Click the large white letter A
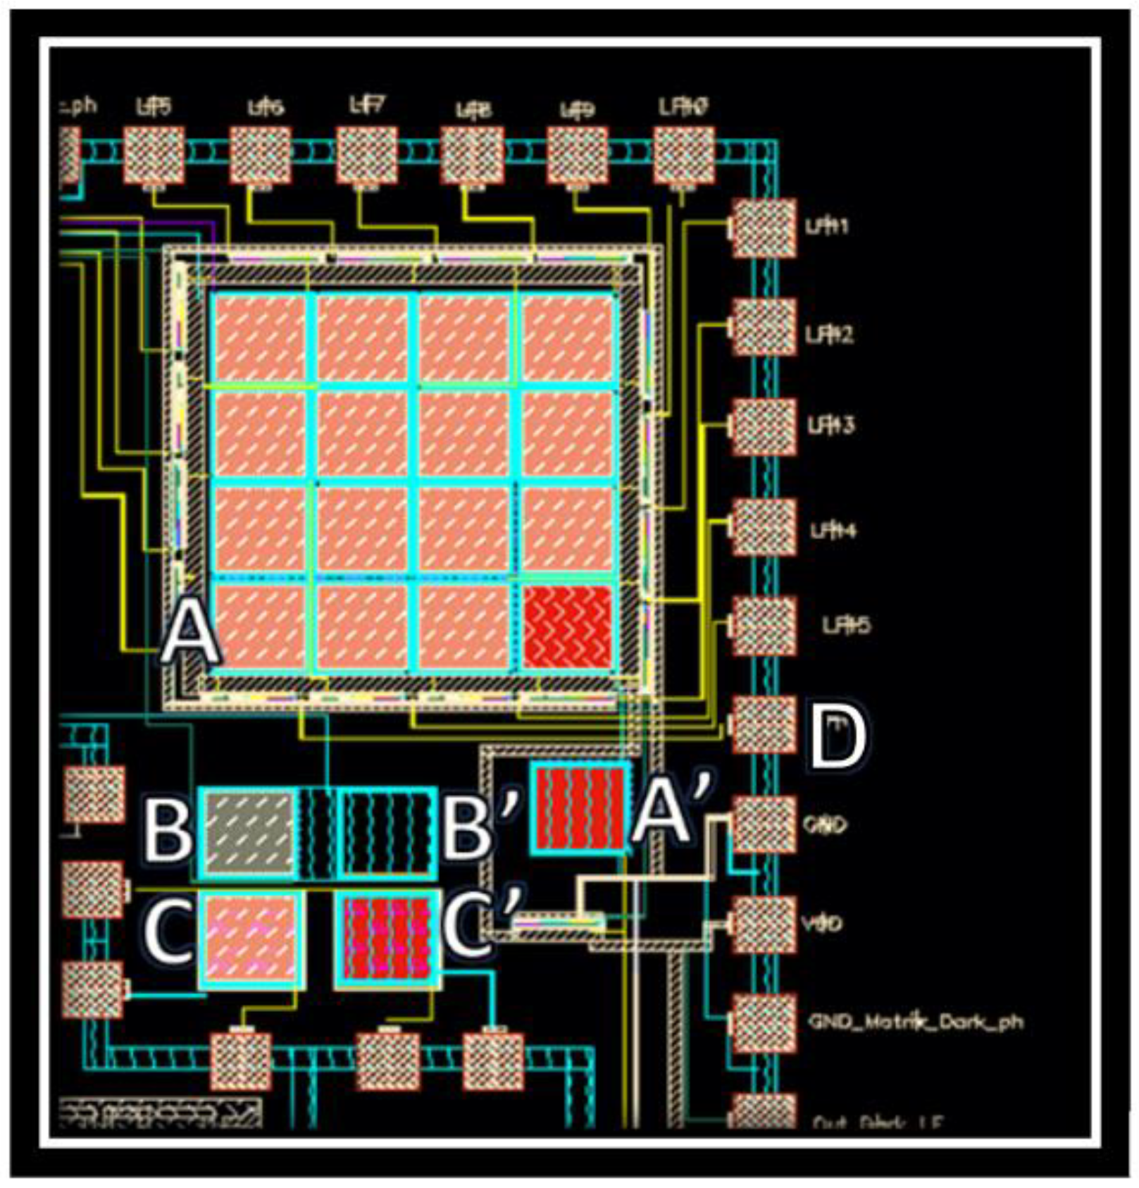click(189, 636)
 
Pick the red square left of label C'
click(387, 939)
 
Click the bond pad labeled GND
click(764, 824)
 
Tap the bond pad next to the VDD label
click(764, 924)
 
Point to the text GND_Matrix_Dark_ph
click(914, 1022)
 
